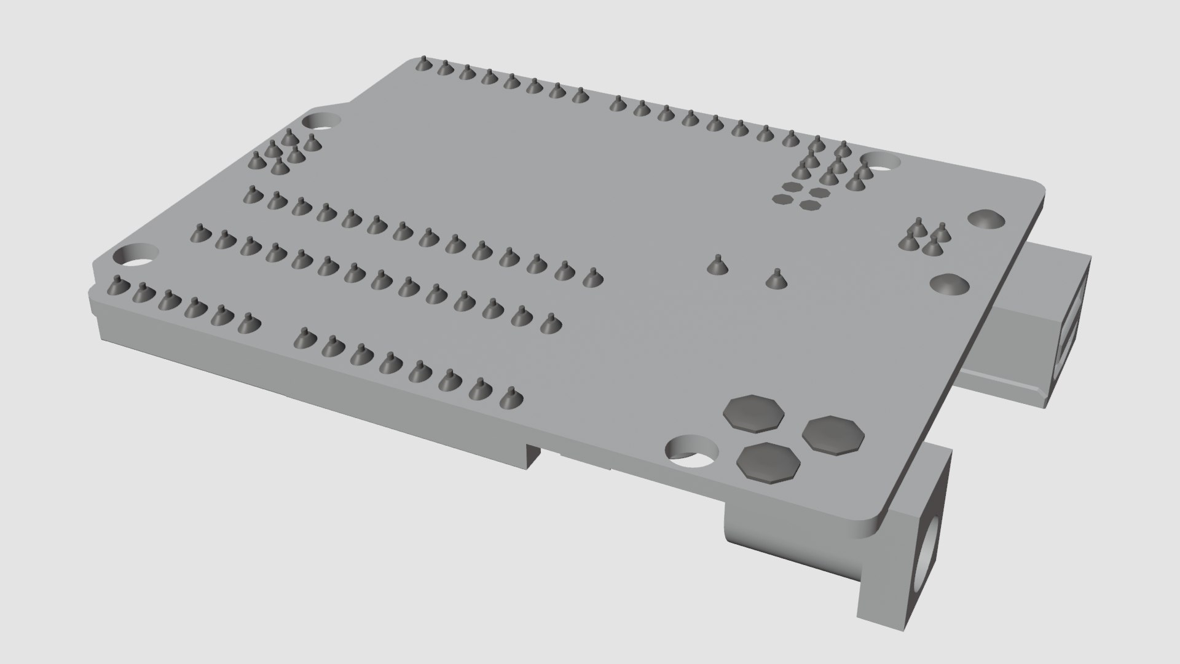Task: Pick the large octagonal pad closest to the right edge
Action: tap(833, 434)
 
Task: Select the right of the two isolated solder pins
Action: tap(776, 280)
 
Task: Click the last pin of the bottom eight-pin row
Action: tap(509, 400)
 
